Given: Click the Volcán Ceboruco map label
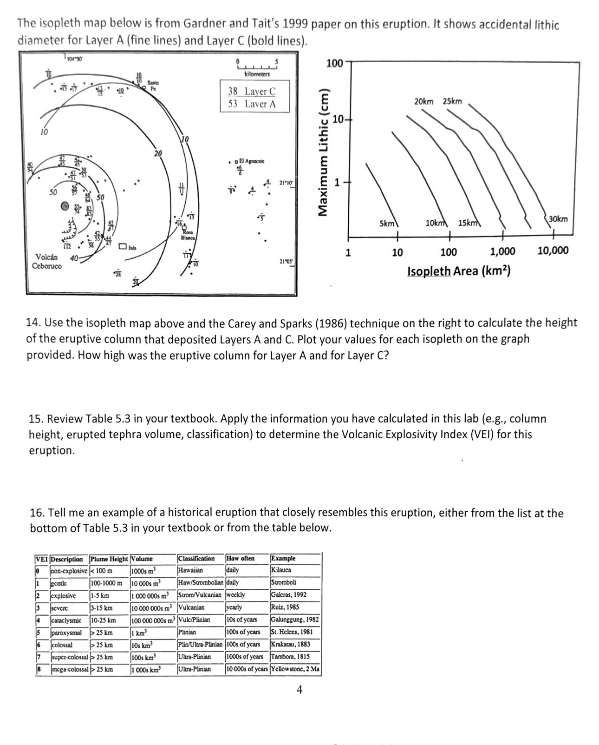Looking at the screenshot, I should (46, 261).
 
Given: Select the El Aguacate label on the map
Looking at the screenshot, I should (251, 161).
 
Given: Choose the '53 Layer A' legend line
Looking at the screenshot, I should (252, 104).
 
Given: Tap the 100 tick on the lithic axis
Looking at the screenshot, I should (334, 63).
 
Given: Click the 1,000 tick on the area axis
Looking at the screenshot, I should (503, 251).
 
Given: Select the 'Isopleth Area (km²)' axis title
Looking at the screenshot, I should (459, 270).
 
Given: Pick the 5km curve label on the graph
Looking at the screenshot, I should (387, 223).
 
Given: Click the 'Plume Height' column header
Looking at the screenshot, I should (109, 559).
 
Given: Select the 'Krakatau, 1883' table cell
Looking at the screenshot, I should (290, 644).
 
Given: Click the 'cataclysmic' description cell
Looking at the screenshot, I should (66, 620).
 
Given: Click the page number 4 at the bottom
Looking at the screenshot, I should (299, 690).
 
